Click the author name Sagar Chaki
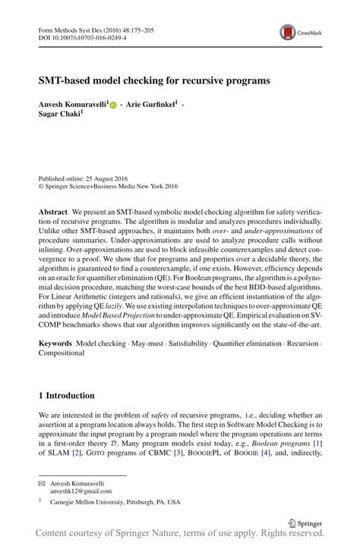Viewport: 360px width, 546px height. tap(60, 112)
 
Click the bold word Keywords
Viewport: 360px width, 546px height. tap(55, 344)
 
